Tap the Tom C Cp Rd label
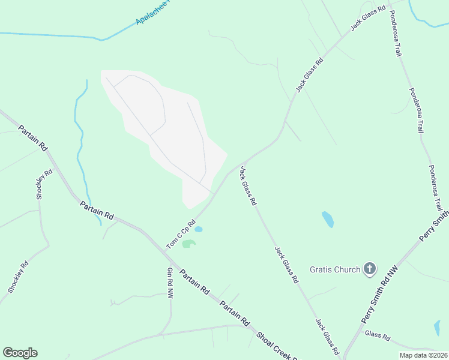(181, 233)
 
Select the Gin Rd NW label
(170, 283)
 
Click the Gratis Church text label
(335, 269)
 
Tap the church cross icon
(370, 269)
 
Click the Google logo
(20, 353)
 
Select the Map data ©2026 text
(423, 355)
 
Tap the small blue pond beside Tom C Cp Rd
(198, 229)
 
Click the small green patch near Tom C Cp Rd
(189, 244)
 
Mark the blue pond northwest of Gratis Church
(328, 219)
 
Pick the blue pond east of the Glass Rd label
(436, 328)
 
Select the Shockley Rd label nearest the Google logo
(18, 277)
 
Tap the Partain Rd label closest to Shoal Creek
(234, 313)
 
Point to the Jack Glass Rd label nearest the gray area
(248, 186)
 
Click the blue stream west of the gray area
(79, 138)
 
